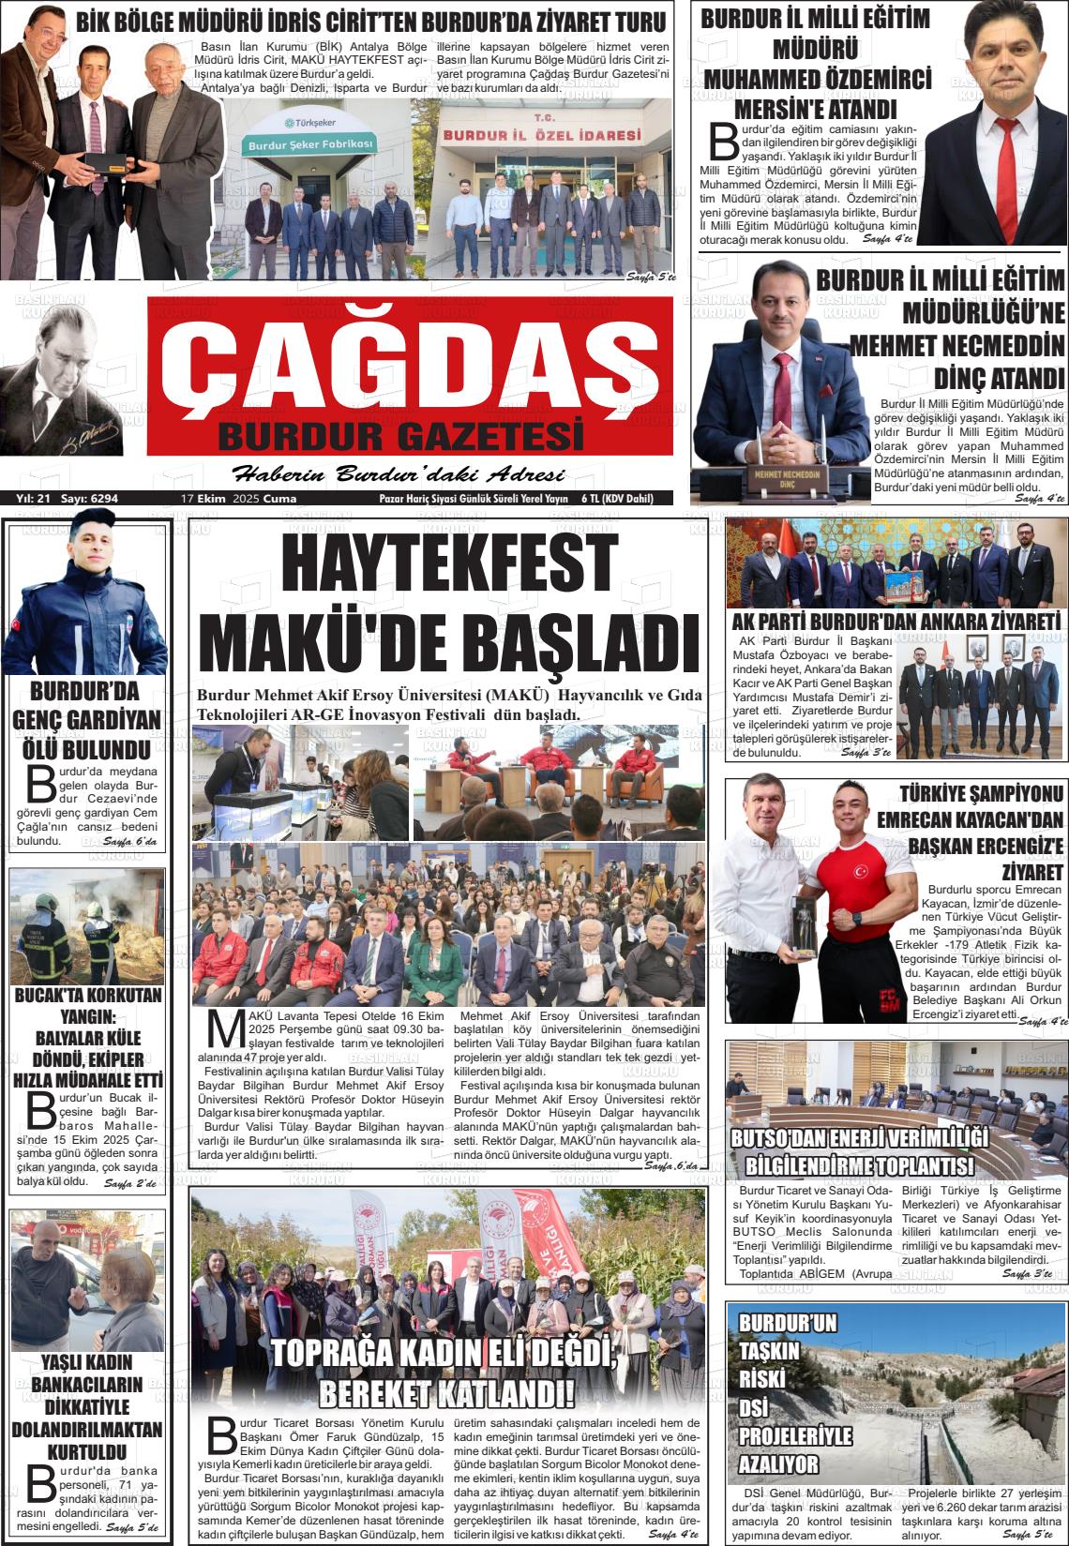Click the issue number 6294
(x=100, y=499)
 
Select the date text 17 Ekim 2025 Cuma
(x=238, y=499)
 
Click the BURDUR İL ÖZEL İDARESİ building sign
(x=542, y=135)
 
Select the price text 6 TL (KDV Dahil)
(x=616, y=499)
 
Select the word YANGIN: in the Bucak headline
(x=86, y=1016)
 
